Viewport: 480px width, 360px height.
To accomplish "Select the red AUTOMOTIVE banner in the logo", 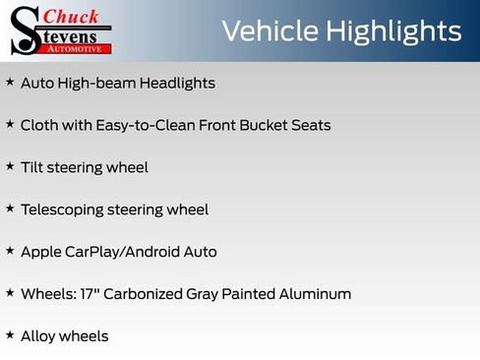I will (x=82, y=47).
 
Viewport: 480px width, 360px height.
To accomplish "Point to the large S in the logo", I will (x=24, y=31).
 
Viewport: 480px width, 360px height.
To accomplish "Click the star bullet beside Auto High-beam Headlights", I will (x=10, y=83).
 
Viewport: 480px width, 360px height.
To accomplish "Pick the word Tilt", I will (x=32, y=168).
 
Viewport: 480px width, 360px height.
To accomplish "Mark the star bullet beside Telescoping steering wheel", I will (x=10, y=209).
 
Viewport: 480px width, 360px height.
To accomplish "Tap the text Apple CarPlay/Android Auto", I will (x=118, y=252).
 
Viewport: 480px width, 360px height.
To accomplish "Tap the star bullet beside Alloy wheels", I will (x=10, y=334).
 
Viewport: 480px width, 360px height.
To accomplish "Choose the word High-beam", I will (x=96, y=84).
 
